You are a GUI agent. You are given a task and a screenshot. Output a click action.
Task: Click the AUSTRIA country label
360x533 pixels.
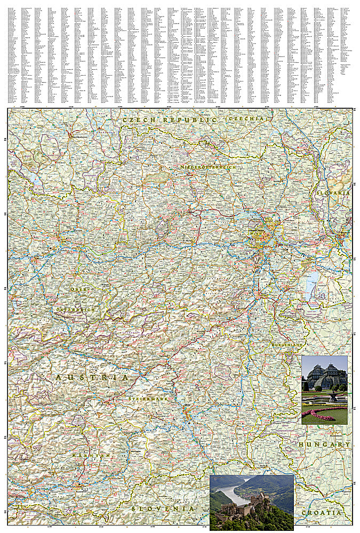(92, 377)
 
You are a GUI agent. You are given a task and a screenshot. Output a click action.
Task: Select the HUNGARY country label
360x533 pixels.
(325, 444)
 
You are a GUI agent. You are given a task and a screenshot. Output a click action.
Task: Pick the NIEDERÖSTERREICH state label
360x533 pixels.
(207, 167)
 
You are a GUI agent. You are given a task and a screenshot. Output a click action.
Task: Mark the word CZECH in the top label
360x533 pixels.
(137, 120)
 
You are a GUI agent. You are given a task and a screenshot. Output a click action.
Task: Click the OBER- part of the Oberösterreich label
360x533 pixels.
(78, 289)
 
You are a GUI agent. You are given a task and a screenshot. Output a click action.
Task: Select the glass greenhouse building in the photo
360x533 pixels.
(324, 376)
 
